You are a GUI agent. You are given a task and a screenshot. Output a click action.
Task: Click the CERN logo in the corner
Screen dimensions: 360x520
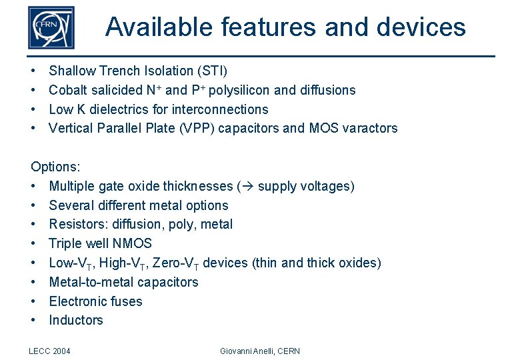[x=51, y=27]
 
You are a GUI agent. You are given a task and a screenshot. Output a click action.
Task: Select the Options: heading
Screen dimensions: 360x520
[x=55, y=167]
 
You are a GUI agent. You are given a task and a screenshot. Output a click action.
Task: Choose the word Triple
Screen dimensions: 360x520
[x=65, y=244]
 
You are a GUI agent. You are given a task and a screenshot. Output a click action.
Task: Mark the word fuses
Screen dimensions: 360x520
[x=127, y=301]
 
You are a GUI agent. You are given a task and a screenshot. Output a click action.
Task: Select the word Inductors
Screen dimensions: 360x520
[x=76, y=320]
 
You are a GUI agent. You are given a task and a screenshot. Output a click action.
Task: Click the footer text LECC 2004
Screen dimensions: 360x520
[x=50, y=351]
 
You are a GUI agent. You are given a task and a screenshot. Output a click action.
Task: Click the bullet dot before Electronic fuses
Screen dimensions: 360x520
[x=33, y=301]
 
